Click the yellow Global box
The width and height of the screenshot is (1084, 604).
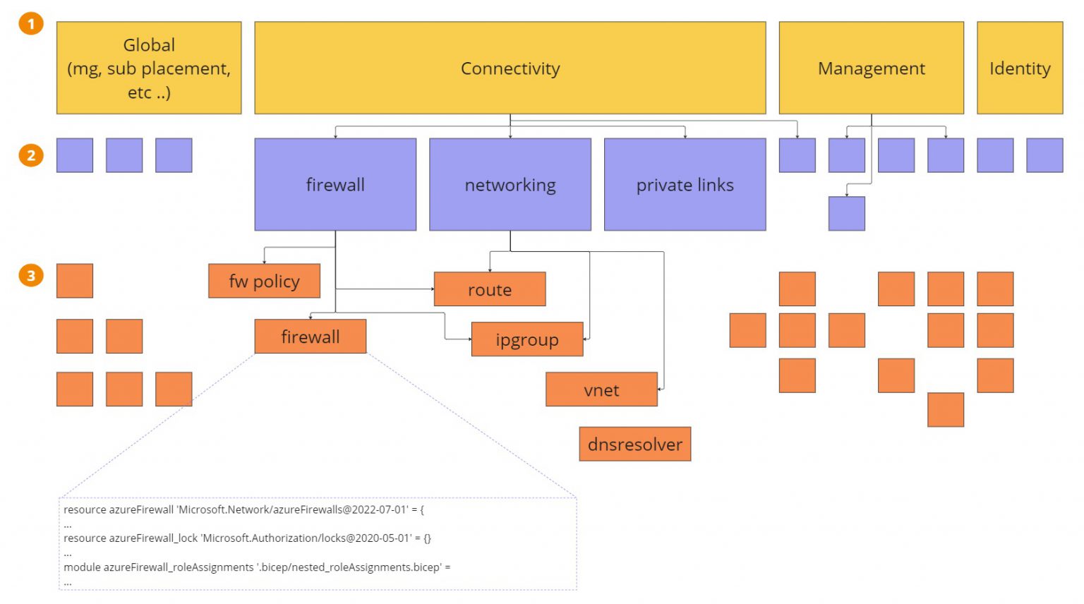tap(149, 68)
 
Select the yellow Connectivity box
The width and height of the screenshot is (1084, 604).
tap(510, 68)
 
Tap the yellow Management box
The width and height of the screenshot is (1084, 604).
tap(871, 68)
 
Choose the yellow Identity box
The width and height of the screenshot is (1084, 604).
tap(1019, 68)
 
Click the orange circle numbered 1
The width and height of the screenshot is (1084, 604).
tap(31, 24)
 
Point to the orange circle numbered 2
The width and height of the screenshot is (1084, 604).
tap(31, 155)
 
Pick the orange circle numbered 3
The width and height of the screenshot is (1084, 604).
tap(31, 275)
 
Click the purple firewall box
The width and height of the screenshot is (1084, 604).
tap(335, 184)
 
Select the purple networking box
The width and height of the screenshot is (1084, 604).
tap(510, 184)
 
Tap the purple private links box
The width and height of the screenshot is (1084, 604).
tap(685, 184)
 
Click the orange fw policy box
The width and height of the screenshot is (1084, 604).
tap(264, 281)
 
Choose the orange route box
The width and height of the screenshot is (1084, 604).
tap(490, 289)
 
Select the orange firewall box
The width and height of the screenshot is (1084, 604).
tap(311, 337)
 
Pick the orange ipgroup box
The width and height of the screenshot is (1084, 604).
tap(527, 339)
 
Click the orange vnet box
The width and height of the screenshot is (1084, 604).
tap(601, 389)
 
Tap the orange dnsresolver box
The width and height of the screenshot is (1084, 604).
tap(635, 444)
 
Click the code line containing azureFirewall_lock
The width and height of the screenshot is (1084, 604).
tap(247, 538)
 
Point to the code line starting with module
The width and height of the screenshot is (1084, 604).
tap(257, 567)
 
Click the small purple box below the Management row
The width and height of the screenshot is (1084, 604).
tap(846, 214)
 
